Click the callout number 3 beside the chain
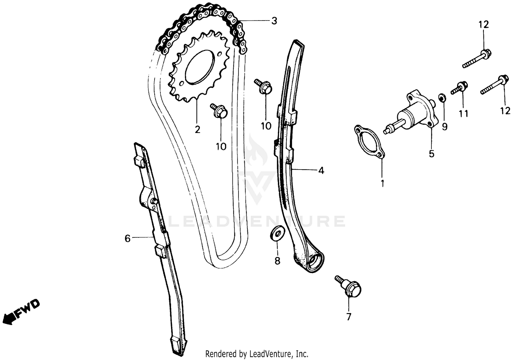coord(274,21)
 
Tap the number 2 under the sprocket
coord(197,130)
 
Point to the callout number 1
coord(382,184)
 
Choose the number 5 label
coord(431,154)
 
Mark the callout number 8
coord(277,261)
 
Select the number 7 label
coord(348,317)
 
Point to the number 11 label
coord(464,113)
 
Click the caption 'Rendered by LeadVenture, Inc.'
coord(257,353)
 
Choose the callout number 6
coord(127,238)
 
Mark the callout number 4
coord(321,170)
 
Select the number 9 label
coord(444,127)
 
